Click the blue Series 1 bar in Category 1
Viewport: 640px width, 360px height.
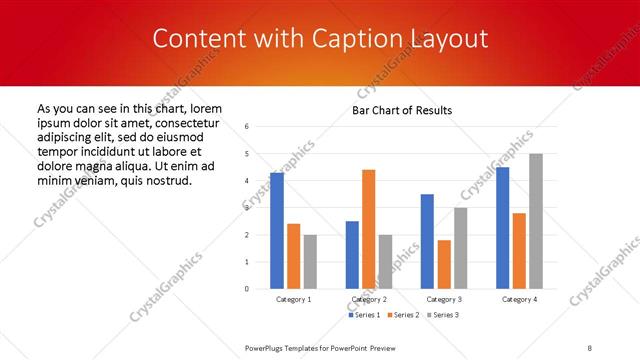tap(277, 231)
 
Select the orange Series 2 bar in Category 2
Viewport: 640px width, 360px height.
tap(368, 229)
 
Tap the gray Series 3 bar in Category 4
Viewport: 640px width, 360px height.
tap(535, 221)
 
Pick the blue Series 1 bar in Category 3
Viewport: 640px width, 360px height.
tap(427, 241)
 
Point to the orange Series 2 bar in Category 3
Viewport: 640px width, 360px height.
tap(444, 264)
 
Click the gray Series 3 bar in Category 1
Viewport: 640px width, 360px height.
tap(310, 262)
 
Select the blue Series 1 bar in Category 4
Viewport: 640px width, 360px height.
tap(502, 228)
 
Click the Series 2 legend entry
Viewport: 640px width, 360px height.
tap(401, 315)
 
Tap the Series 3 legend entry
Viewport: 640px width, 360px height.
tap(440, 315)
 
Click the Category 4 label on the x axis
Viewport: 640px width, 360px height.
tap(518, 299)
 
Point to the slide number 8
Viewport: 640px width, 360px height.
tap(590, 347)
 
